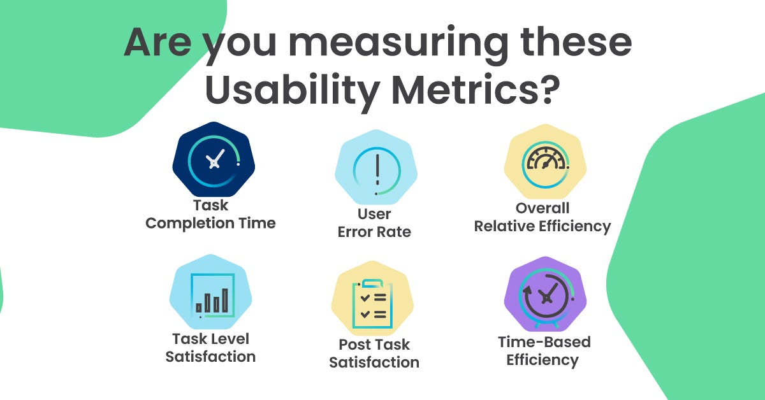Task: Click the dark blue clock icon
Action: click(x=214, y=159)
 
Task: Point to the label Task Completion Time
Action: click(x=210, y=215)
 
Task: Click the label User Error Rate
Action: click(x=374, y=223)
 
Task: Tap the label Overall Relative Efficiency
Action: click(x=543, y=217)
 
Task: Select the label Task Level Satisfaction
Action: click(x=210, y=348)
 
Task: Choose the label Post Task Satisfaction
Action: click(x=374, y=354)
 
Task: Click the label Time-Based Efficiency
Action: click(x=544, y=351)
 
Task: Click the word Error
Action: click(x=359, y=232)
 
